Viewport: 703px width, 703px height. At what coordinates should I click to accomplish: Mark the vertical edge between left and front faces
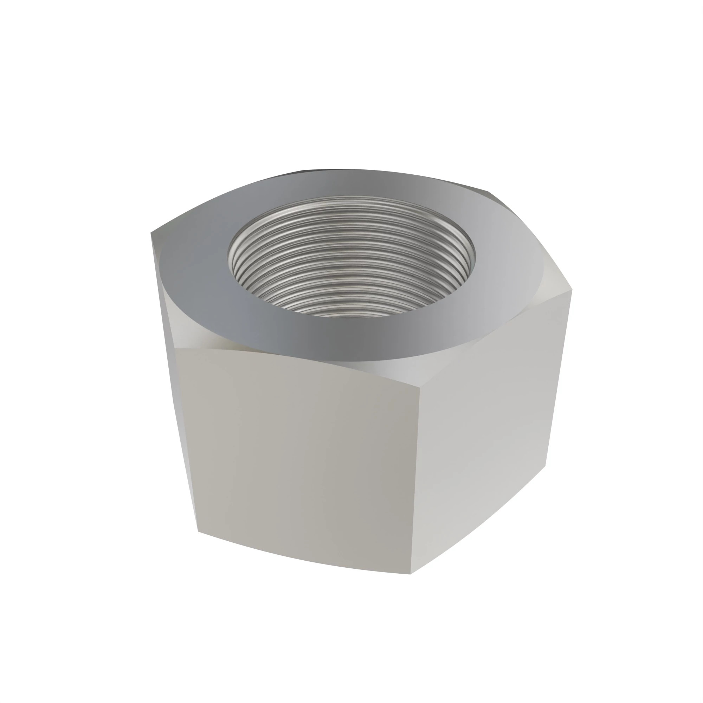pos(186,437)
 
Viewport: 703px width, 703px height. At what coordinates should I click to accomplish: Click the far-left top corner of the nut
pos(151,233)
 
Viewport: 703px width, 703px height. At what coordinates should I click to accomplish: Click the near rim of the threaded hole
pos(351,316)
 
